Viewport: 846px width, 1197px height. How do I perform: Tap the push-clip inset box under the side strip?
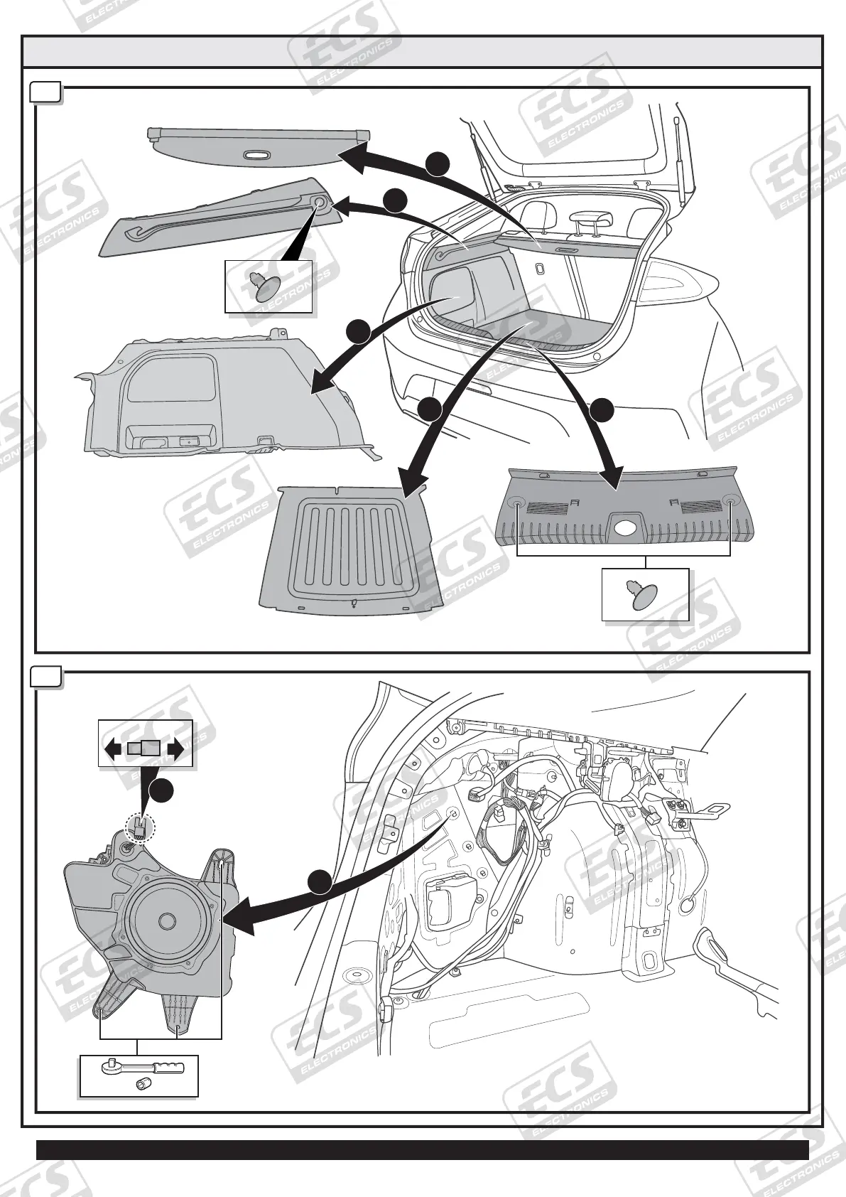coord(269,286)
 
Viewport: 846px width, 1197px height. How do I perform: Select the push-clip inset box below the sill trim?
coord(645,595)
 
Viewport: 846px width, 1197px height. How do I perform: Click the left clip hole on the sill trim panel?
coord(516,503)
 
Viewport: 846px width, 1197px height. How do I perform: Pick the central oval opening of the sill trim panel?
coord(626,528)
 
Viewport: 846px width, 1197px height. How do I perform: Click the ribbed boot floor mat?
coord(351,547)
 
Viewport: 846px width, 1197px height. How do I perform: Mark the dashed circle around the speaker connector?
coord(140,827)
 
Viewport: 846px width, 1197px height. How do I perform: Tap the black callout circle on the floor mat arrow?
coord(429,409)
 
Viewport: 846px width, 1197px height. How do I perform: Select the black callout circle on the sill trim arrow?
coord(602,410)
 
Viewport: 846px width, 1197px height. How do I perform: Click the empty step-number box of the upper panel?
coord(47,93)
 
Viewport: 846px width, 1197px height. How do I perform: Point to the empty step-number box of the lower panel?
coord(47,677)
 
